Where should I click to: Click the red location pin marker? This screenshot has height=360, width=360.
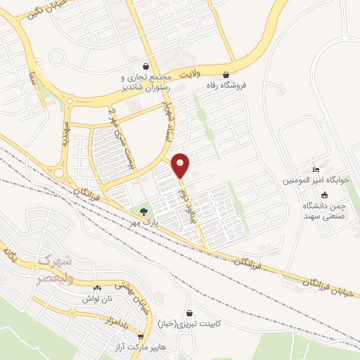[x=181, y=165]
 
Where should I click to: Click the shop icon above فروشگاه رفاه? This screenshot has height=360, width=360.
[x=226, y=74]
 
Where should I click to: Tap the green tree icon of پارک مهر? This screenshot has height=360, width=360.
[x=143, y=210]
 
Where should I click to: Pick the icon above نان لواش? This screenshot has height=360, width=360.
[x=97, y=287]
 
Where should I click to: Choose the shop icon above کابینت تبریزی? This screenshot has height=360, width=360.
[x=190, y=314]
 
